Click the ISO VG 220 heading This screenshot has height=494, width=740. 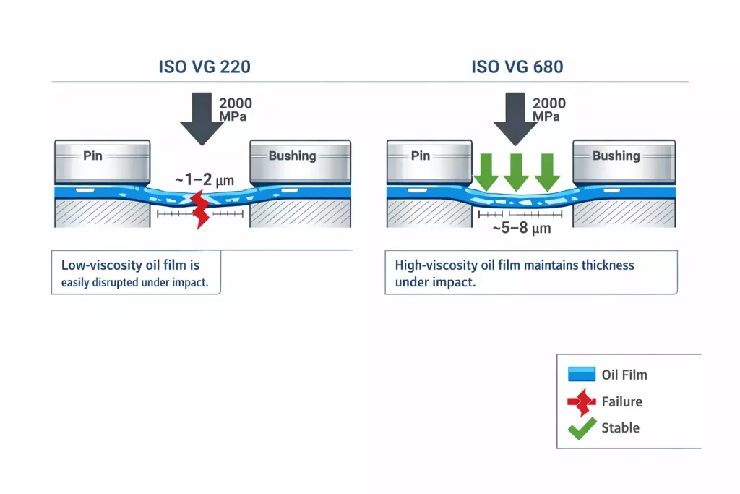tap(205, 67)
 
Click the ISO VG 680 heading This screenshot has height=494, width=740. tap(517, 67)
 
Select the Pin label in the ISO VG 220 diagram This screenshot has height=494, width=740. tap(92, 156)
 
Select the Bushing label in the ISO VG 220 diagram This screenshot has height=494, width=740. tap(292, 156)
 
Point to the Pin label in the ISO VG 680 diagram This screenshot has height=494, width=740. tap(421, 156)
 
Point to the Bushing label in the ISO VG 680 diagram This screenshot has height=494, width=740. tap(616, 156)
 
